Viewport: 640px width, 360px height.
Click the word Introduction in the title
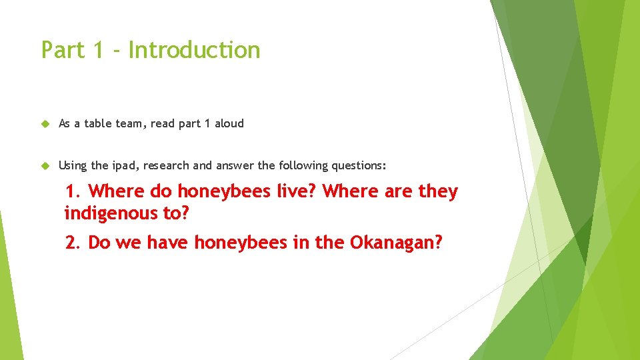pyautogui.click(x=194, y=50)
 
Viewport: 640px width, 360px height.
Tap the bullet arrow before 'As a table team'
pyautogui.click(x=45, y=123)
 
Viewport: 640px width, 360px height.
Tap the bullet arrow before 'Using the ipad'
pyautogui.click(x=45, y=165)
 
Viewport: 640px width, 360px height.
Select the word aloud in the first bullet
pyautogui.click(x=229, y=123)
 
